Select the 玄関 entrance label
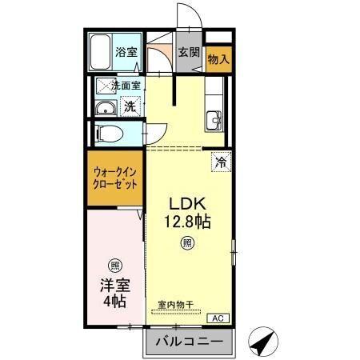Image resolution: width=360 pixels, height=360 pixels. coord(190,54)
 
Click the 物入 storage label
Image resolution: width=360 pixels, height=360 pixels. coord(218,58)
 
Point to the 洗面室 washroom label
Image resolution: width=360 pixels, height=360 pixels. coord(126,85)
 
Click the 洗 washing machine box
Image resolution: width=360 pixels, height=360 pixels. coord(129,106)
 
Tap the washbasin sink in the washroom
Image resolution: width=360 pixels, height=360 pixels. coord(104,110)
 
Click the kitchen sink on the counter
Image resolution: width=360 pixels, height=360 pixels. coord(214,121)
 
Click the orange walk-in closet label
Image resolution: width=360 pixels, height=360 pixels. coord(114,177)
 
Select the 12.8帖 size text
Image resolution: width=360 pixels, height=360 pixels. coord(188,221)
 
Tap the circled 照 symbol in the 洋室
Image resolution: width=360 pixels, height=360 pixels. coord(114,266)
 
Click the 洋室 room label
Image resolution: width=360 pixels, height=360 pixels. coord(114,286)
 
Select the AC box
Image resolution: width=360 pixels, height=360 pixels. coord(217,318)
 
